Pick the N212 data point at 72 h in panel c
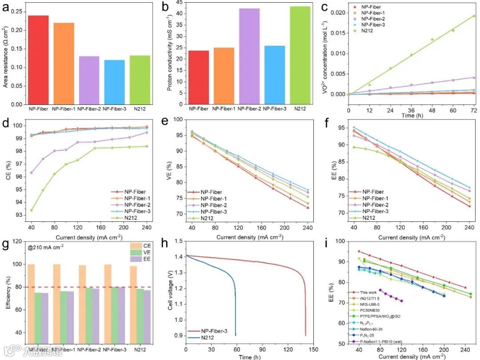coord(474,16)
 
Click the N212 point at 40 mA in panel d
coord(31,210)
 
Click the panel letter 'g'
coord(6,244)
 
